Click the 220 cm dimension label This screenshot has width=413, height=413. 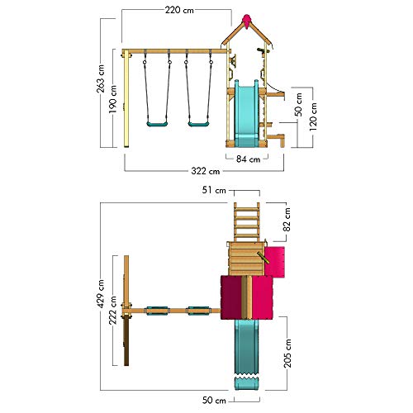179,10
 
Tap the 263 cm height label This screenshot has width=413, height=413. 101,78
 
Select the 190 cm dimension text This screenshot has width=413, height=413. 112,99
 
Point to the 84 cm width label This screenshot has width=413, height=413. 248,159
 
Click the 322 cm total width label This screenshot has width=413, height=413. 206,171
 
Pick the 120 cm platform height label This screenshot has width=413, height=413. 313,116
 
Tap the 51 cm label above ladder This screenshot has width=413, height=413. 214,190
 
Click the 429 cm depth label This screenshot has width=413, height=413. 101,293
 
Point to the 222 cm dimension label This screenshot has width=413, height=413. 113,311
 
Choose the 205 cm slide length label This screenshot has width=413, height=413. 287,354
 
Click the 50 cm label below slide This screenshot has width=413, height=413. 214,401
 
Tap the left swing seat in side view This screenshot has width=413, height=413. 157,124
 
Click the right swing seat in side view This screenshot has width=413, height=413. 198,124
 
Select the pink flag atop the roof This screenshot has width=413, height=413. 247,21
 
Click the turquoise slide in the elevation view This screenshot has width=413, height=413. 246,113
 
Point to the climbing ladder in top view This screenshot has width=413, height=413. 247,222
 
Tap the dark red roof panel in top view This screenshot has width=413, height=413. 231,297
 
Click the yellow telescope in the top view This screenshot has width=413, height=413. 263,258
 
